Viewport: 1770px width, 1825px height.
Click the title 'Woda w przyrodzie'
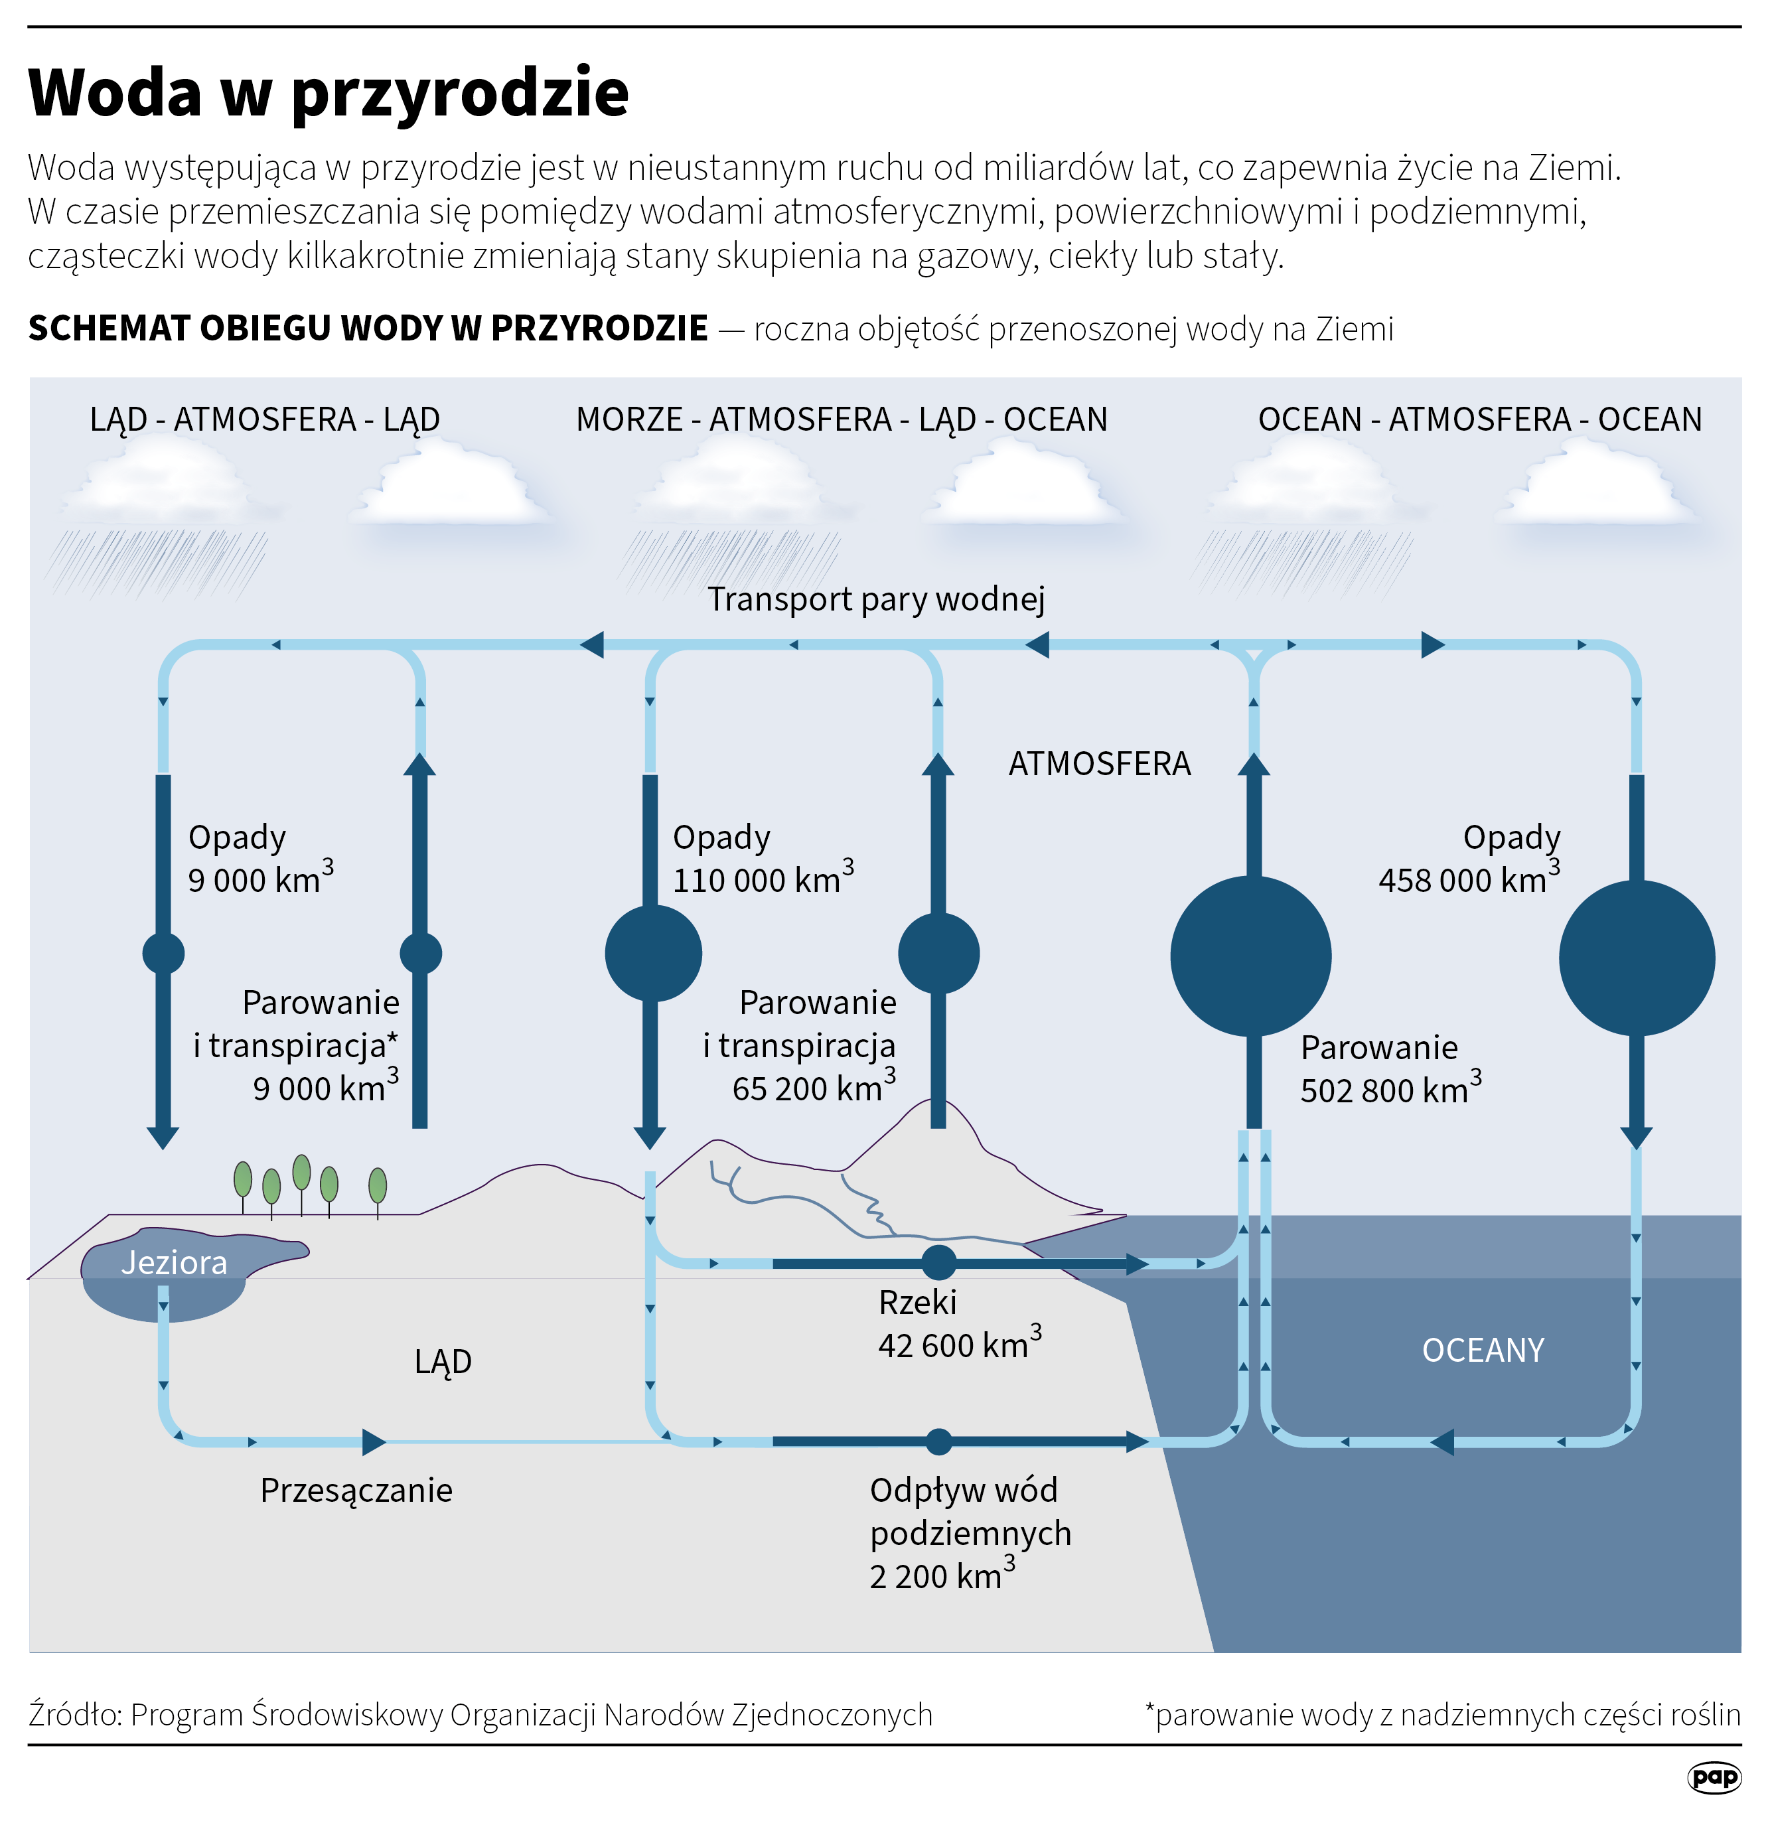(x=329, y=92)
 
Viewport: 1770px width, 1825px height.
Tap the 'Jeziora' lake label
(x=174, y=1264)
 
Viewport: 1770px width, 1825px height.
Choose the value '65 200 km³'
(x=813, y=1088)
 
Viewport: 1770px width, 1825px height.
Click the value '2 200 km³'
(x=941, y=1576)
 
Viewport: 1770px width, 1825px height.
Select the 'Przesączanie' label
(x=356, y=1491)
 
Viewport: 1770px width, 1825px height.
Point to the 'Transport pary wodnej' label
(x=875, y=599)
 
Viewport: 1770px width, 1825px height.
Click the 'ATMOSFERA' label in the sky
(x=1100, y=765)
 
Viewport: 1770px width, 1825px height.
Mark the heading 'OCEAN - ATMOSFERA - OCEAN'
(x=1479, y=420)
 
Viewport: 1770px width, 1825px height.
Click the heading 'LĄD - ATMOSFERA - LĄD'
(x=264, y=420)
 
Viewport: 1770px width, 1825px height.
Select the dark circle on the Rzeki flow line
(x=938, y=1264)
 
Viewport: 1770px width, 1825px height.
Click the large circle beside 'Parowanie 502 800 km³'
(x=1250, y=956)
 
